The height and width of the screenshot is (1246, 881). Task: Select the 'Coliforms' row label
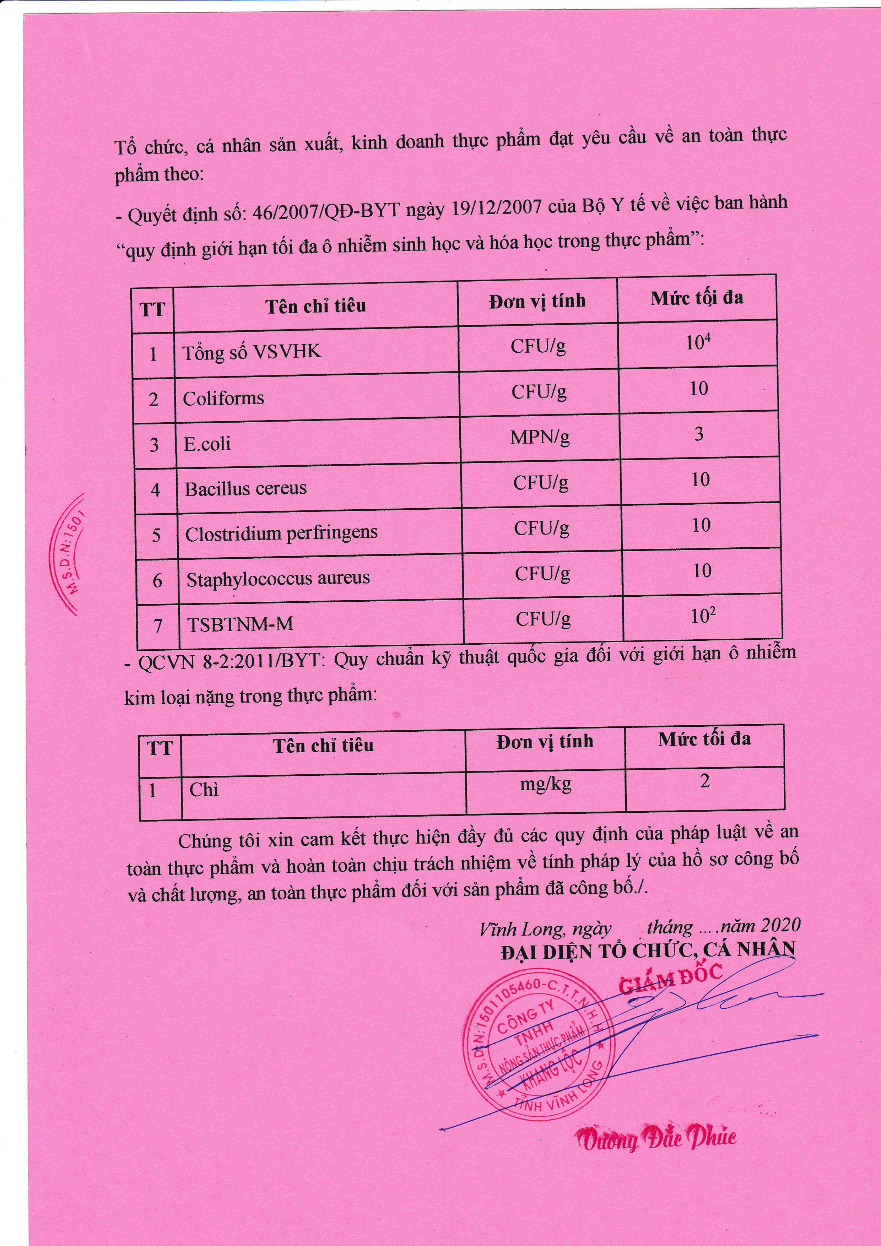coord(223,398)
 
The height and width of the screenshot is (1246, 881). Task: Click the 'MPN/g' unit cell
coord(540,437)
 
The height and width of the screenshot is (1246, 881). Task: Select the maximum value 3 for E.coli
coord(699,434)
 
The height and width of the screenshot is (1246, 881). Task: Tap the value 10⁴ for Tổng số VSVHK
coord(698,343)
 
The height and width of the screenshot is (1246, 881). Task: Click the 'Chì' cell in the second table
coord(204,790)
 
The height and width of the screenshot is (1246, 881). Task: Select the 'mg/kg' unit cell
coord(546,785)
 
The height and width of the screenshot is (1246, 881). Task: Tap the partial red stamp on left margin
coord(70,553)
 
